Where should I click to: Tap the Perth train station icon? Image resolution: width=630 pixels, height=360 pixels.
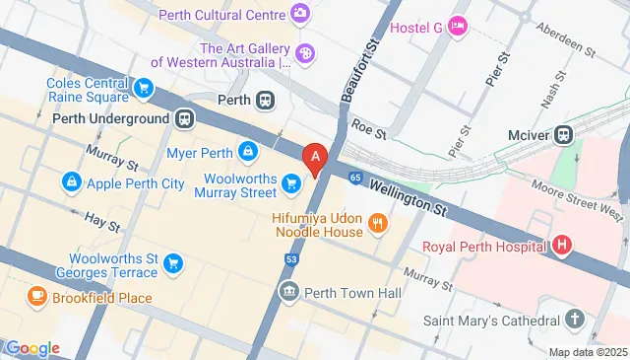point(265,101)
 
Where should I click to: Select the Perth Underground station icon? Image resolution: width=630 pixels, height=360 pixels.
point(184,118)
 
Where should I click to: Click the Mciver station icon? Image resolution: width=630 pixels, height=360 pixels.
point(563,134)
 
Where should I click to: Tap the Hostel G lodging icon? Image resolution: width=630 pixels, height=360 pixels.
point(457,27)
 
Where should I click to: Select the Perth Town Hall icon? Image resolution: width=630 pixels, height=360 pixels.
point(289,291)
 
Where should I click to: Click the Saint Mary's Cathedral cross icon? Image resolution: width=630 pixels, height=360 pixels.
point(575,320)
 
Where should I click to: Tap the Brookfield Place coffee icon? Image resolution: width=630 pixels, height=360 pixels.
point(36,296)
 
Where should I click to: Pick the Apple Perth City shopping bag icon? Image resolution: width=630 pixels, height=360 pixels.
point(71,182)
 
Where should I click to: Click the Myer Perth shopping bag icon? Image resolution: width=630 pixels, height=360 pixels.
point(249,152)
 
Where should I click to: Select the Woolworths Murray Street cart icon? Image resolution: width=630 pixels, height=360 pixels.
point(290,183)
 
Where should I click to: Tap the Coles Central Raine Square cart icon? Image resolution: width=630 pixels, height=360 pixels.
point(145,89)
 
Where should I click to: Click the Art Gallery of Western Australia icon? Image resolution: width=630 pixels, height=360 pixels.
point(306,50)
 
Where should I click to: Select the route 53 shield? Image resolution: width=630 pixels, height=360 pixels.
point(291,258)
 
